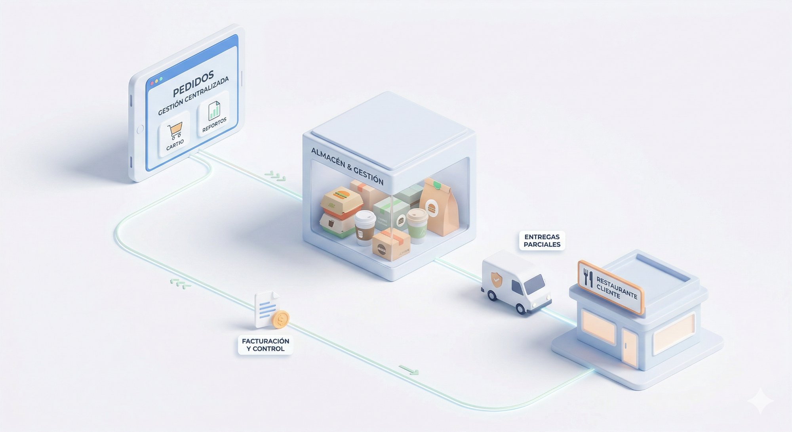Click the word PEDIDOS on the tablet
194,83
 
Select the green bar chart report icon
214,110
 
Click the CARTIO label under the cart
175,145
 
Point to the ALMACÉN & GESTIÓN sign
347,166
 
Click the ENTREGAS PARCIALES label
542,241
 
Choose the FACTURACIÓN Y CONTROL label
265,345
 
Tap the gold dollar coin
280,319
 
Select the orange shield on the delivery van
495,279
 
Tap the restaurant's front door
630,348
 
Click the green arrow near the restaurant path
409,370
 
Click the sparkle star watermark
760,401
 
